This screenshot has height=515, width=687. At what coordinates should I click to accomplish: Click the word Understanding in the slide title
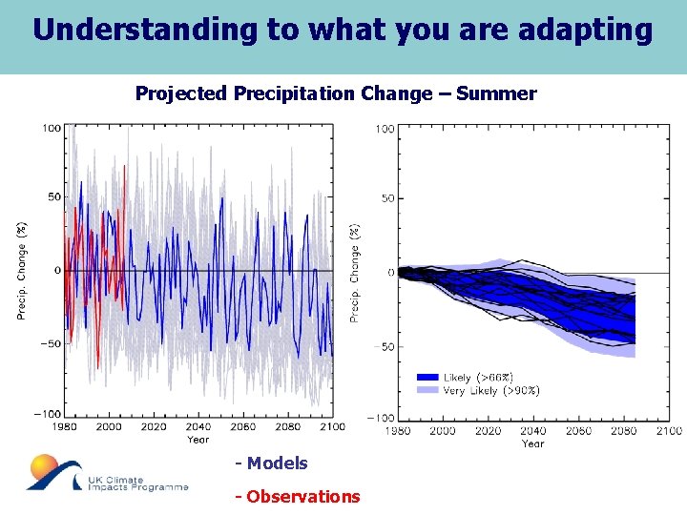(146, 30)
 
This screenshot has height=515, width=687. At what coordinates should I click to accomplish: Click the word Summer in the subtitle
(496, 93)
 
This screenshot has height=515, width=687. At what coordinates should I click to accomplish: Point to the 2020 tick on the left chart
(154, 426)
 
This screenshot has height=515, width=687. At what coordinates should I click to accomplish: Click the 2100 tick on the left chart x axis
(331, 426)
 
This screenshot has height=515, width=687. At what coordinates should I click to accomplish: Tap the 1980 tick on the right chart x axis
(399, 431)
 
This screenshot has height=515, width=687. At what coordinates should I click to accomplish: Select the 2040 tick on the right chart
(533, 431)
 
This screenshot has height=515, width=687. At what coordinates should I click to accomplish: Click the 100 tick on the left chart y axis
(52, 127)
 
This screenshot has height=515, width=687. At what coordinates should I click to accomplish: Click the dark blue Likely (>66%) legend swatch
(427, 378)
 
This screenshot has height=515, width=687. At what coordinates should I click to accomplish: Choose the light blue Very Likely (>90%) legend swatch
(427, 390)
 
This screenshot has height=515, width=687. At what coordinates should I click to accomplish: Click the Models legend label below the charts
(272, 463)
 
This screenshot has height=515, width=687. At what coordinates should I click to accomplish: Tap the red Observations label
(298, 496)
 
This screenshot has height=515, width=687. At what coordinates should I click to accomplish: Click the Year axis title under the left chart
(198, 440)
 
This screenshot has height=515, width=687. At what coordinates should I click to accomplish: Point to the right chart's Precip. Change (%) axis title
(355, 273)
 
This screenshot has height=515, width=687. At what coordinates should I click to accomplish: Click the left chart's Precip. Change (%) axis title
(21, 270)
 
